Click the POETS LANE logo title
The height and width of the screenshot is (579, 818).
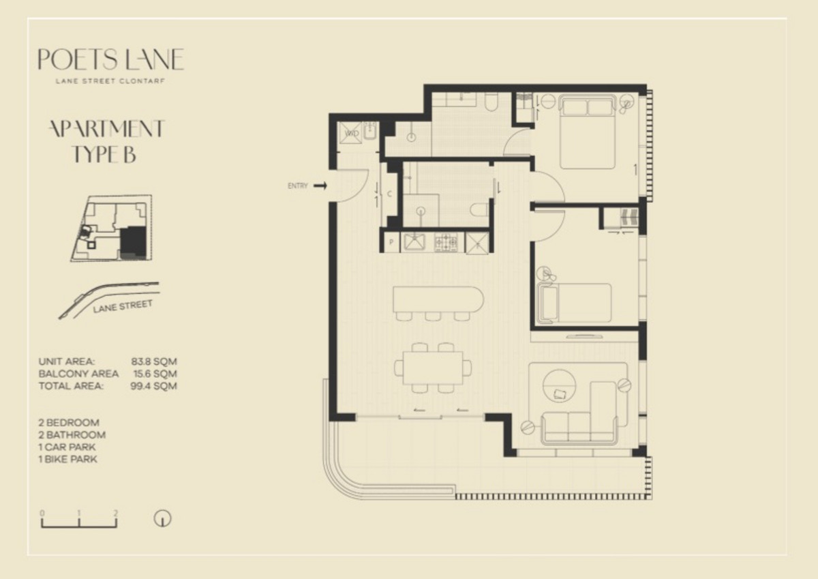click(x=111, y=59)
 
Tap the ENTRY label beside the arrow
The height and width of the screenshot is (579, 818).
click(x=298, y=186)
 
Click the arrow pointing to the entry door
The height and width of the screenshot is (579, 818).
click(x=320, y=186)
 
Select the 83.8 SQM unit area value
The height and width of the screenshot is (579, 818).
click(x=154, y=361)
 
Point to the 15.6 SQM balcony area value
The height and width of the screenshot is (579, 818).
click(x=155, y=374)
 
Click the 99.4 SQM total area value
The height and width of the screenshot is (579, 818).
click(x=154, y=386)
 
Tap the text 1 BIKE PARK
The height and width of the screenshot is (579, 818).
click(x=68, y=459)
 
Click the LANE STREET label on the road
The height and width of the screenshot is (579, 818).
click(x=122, y=306)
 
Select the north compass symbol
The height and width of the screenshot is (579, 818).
click(x=162, y=518)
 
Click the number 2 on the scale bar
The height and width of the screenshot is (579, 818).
click(x=116, y=514)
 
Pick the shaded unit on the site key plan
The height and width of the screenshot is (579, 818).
click(x=133, y=243)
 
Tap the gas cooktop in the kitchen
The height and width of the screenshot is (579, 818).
click(x=446, y=242)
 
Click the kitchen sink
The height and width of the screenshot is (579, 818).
click(x=414, y=243)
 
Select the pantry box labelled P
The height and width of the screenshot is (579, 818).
click(x=392, y=242)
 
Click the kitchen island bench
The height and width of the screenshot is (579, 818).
click(x=438, y=299)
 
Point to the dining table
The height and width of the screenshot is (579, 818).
click(x=433, y=368)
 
